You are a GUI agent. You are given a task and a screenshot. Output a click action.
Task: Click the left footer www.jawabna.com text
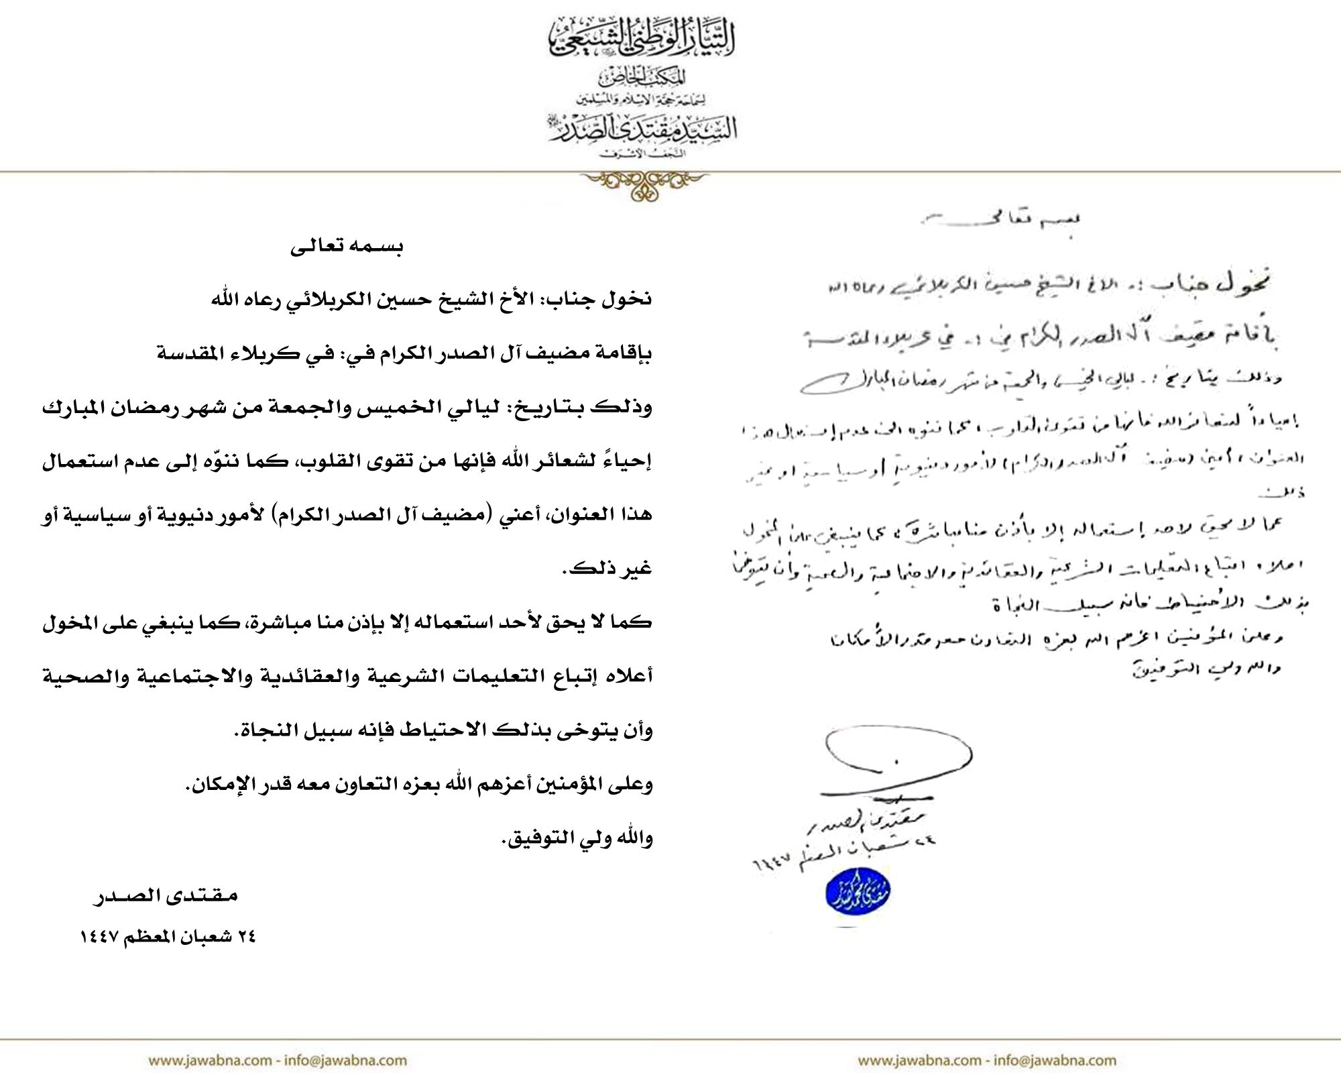(209, 1060)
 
